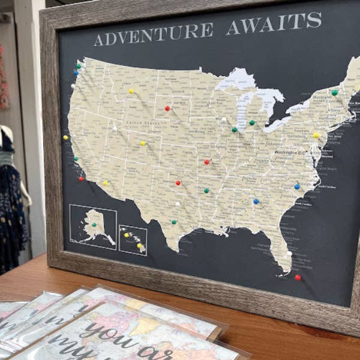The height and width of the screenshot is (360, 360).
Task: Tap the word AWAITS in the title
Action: pos(274,23)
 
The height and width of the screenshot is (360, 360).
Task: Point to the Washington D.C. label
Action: pos(290,152)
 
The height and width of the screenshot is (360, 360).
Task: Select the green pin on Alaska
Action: pos(94,224)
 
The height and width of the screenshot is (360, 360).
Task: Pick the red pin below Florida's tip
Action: pos(298,277)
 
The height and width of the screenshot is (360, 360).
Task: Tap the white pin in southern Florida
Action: pos(289,253)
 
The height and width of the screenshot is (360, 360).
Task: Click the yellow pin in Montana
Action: pos(131,91)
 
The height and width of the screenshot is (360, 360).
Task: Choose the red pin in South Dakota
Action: pos(167,109)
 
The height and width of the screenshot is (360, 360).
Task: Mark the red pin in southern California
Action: pos(81,178)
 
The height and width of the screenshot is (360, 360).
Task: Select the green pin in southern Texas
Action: pos(174,222)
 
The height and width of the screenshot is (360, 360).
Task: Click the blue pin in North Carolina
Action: pos(297,186)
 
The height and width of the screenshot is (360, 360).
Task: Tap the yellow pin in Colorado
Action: pos(143,143)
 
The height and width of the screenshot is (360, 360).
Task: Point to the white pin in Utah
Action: pos(115,127)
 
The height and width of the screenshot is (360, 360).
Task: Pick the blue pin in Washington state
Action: pos(76,72)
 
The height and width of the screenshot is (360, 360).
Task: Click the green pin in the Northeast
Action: pos(335,93)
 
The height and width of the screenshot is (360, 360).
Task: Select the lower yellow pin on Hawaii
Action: pos(139,245)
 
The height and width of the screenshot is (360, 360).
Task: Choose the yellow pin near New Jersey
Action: pos(316,136)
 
